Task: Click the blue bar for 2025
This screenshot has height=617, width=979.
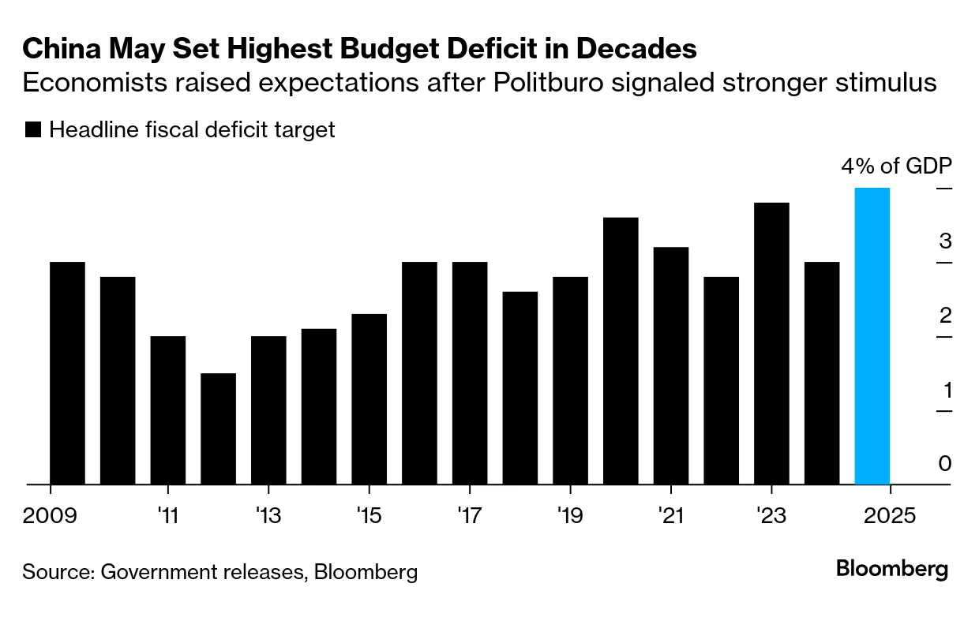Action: pos(872,336)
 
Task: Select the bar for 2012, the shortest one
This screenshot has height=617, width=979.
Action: pos(219,429)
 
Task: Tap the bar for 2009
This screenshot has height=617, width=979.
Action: pos(67,373)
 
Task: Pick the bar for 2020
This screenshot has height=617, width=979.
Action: pos(621,351)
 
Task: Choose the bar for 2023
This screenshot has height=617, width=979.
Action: pos(771,344)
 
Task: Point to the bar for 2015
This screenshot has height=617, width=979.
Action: pos(369,399)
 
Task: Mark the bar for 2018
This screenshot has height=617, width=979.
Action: pos(520,388)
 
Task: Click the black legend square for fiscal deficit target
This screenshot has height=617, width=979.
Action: pos(33,130)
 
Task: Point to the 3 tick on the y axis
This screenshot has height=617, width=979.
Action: pos(945,241)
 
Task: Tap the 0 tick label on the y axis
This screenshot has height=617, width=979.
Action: pos(945,464)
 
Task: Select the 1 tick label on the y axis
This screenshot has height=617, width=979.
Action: pos(945,390)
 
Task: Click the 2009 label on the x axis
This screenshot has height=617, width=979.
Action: pos(50,516)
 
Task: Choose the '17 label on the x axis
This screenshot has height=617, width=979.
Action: pos(469,516)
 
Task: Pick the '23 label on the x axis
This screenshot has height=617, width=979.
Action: pos(771,516)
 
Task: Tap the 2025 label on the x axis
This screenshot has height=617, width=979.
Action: pos(890,516)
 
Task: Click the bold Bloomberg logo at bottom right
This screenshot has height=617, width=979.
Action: pos(892,569)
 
